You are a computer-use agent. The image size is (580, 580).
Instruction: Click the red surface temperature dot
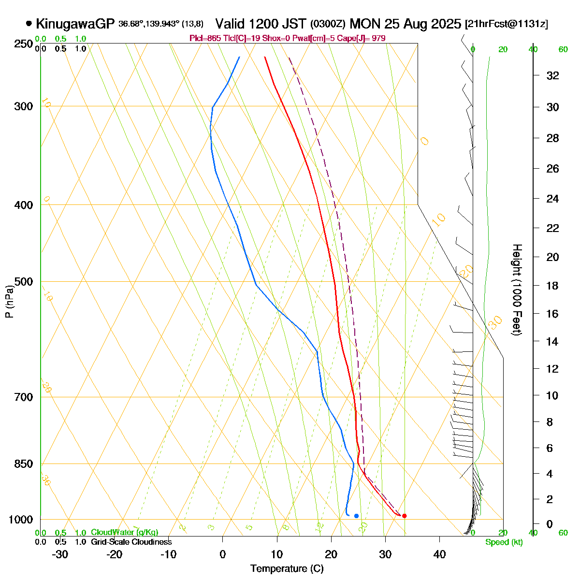point(404,516)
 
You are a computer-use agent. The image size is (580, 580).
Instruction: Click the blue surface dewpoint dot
point(356,516)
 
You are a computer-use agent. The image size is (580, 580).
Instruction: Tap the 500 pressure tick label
point(24,282)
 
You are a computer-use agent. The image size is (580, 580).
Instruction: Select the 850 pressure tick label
point(24,464)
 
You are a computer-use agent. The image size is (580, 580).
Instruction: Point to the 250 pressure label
point(24,44)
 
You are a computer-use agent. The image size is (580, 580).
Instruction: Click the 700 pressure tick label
point(24,397)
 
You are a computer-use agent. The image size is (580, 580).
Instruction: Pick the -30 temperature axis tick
point(60,554)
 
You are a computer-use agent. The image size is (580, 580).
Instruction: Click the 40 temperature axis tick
point(439,554)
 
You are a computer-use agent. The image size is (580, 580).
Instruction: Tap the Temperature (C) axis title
point(287,569)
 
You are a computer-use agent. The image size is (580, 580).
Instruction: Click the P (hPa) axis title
point(9,302)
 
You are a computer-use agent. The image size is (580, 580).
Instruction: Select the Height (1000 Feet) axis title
point(517,290)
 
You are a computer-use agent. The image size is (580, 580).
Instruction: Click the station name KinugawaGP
point(75,24)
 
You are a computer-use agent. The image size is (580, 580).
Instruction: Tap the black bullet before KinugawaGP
point(29,23)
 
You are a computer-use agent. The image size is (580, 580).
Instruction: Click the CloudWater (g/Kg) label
point(124,533)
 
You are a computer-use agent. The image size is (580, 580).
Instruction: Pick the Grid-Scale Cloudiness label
point(131,542)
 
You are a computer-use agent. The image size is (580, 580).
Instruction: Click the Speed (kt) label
point(504,542)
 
